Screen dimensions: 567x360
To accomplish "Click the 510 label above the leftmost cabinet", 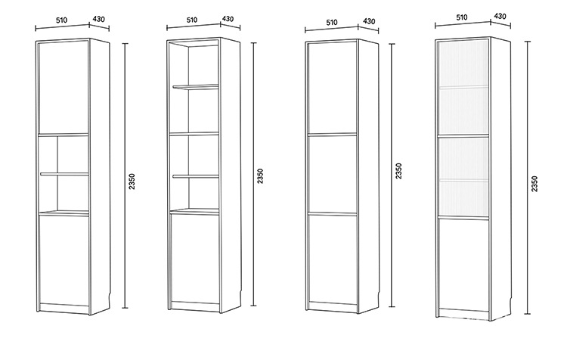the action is tap(61, 20).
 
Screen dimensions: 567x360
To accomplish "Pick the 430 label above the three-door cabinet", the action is tap(369, 21).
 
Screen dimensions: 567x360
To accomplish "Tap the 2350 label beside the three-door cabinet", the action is tap(399, 170).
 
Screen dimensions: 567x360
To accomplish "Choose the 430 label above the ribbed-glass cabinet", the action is tap(500, 15).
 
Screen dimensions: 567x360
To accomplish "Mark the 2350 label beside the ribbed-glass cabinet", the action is tap(534, 184).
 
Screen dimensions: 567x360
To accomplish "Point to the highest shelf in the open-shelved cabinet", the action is tap(196, 87).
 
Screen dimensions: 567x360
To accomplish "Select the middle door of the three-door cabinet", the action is tap(333, 174).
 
